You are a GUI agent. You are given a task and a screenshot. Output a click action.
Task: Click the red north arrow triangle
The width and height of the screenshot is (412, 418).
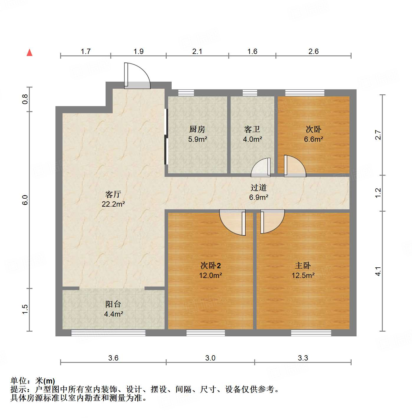(x=29, y=52)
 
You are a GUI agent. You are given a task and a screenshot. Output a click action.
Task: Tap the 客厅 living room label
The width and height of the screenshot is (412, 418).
(x=113, y=194)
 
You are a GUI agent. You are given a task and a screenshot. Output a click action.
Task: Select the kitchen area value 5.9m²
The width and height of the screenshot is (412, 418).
(x=198, y=139)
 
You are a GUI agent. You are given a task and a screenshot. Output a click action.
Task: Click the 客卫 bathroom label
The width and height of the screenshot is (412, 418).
(x=252, y=129)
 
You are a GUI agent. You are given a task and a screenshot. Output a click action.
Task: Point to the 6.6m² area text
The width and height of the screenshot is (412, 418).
(x=313, y=139)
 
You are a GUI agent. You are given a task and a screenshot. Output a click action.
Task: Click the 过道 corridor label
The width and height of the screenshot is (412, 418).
(x=259, y=187)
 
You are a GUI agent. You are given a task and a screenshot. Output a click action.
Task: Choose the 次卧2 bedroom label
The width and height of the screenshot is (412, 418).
(x=211, y=266)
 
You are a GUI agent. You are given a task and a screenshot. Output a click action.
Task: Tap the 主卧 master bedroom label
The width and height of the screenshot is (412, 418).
(x=303, y=266)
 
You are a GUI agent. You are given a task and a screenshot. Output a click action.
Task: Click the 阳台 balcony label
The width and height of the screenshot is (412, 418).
(x=113, y=304)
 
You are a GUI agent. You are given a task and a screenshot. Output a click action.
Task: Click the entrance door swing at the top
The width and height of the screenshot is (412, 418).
(x=137, y=76)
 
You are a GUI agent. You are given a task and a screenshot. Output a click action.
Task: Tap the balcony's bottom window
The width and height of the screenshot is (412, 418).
(x=109, y=333)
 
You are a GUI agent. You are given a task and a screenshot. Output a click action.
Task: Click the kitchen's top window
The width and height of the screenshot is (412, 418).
(x=186, y=93)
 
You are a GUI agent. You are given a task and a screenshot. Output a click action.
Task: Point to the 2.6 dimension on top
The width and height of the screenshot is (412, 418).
(x=313, y=51)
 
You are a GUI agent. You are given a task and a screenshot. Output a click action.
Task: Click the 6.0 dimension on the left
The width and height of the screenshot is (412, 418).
(x=25, y=200)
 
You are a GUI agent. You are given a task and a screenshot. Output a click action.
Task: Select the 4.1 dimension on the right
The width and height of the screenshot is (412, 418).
(x=378, y=271)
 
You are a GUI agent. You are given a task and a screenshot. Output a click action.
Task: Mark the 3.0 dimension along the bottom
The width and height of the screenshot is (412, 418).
(x=210, y=358)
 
